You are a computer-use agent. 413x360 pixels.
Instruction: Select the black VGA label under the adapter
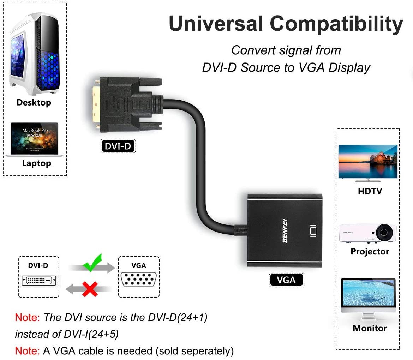(286, 280)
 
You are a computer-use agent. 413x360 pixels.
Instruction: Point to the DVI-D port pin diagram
(39, 280)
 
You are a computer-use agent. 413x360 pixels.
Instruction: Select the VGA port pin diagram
(139, 279)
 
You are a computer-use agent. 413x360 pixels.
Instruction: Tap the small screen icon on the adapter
(313, 231)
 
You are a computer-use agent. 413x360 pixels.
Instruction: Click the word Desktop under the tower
(34, 103)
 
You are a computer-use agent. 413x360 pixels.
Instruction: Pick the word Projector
(370, 252)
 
